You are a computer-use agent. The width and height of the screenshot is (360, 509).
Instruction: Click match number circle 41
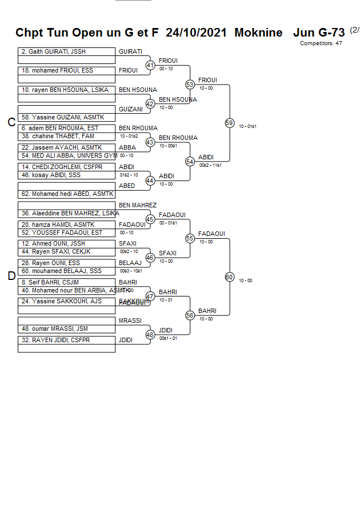tap(150, 66)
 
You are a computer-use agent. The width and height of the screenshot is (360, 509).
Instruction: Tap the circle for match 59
tap(229, 123)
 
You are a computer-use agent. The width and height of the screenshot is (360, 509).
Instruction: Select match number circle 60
tap(229, 277)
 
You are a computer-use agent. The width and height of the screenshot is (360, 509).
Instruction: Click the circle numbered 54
tap(190, 162)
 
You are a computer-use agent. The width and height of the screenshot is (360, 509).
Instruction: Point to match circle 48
tap(150, 335)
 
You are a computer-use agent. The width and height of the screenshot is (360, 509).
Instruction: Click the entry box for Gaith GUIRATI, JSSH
tap(67, 52)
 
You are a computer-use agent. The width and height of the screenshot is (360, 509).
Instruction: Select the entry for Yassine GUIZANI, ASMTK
tap(67, 117)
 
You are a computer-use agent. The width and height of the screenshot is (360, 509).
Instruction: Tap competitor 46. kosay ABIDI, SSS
tap(67, 175)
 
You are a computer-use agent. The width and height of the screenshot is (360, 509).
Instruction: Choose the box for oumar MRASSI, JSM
tap(67, 329)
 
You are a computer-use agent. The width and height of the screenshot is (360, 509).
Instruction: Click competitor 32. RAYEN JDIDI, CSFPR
tap(67, 340)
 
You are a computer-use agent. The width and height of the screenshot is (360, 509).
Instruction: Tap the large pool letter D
tap(11, 276)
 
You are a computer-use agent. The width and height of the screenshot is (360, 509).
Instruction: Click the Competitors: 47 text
tap(321, 43)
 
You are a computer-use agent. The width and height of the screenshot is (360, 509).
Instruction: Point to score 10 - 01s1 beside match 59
tap(247, 126)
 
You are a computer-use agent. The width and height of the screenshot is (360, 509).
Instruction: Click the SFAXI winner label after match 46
tap(167, 254)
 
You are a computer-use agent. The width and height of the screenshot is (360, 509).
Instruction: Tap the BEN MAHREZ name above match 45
tap(138, 205)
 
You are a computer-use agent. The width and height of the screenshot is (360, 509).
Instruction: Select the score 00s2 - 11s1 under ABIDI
tap(210, 165)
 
